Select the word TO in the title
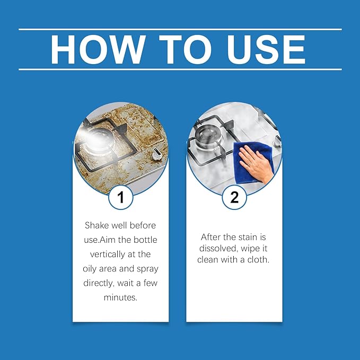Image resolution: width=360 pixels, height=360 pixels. click(x=185, y=49)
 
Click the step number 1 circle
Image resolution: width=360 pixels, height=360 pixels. click(x=121, y=197)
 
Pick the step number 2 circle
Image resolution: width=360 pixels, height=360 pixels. click(x=234, y=197)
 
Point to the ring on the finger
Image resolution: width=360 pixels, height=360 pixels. click(x=250, y=163)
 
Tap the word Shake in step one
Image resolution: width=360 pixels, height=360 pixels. click(x=96, y=225)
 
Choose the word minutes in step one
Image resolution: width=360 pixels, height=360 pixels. click(x=120, y=297)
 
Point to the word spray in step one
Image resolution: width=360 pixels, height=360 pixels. click(x=147, y=269)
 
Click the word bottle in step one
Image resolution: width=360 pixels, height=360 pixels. click(x=146, y=240)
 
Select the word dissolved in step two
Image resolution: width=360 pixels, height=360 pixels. click(x=218, y=248)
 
